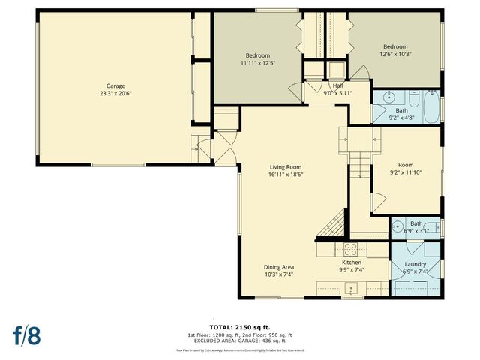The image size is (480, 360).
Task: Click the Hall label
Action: [338, 85]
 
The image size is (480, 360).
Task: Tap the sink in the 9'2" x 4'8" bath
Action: [389, 97]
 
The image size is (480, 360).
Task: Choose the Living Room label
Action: [286, 166]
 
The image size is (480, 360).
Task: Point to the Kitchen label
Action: [352, 262]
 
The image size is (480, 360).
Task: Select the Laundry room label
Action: [415, 264]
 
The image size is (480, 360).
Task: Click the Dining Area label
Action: [278, 267]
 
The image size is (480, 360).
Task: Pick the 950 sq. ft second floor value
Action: [281, 334]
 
